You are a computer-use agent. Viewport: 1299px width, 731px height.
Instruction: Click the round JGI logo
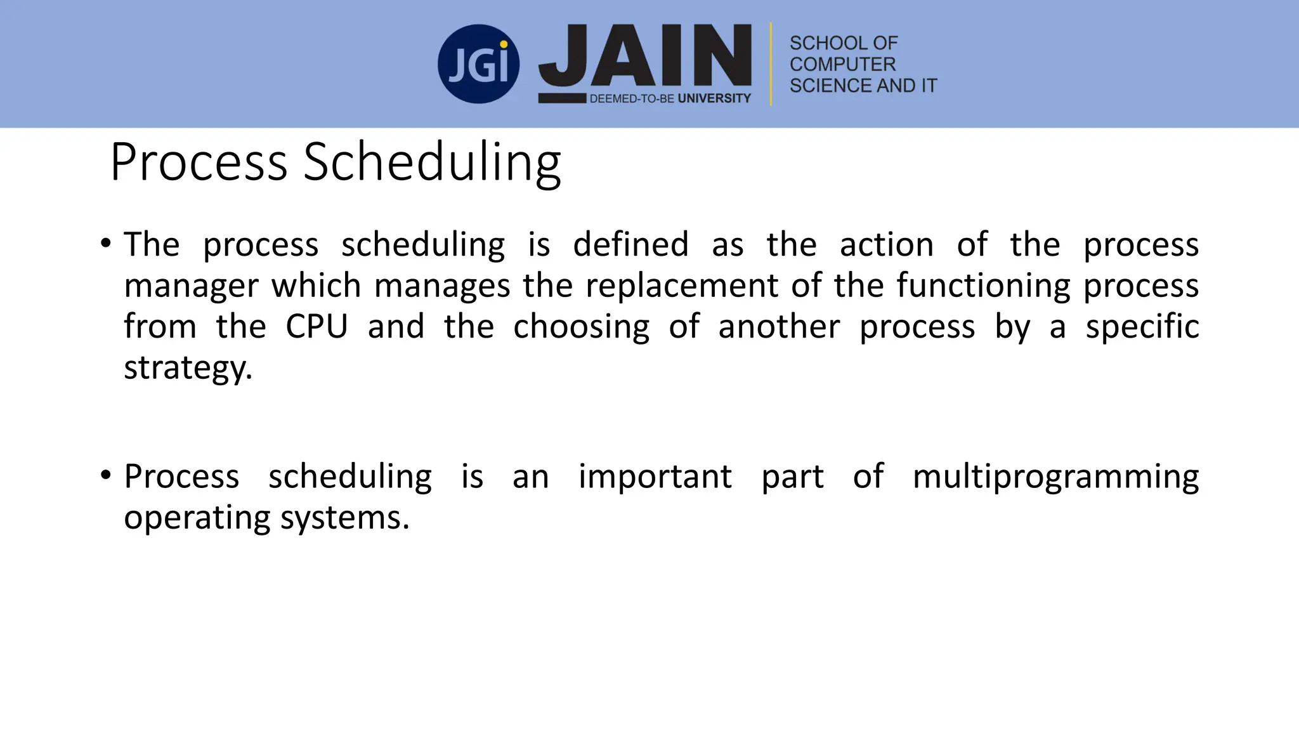point(478,64)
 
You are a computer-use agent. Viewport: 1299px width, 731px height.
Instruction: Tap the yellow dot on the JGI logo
point(504,45)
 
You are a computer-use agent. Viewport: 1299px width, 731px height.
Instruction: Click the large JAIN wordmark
point(645,56)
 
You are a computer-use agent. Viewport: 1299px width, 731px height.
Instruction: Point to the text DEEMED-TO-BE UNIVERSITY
point(670,98)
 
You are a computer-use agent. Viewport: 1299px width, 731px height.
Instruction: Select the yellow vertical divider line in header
point(771,64)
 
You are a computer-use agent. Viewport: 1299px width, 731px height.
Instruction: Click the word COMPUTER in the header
point(842,64)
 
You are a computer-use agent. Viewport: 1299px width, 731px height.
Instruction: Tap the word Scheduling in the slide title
point(432,162)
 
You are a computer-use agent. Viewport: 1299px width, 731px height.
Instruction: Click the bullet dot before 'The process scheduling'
point(106,243)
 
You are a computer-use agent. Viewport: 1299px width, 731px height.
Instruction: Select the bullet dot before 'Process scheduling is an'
point(106,475)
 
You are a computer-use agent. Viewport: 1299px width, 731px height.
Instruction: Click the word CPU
point(317,327)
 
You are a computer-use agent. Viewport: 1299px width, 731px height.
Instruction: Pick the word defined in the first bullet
point(630,244)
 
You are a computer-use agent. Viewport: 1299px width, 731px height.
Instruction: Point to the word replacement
point(681,286)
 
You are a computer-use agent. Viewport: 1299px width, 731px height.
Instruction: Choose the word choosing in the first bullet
point(581,327)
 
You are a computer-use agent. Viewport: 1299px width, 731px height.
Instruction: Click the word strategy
point(188,368)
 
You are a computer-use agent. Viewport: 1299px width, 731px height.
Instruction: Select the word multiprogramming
point(1055,477)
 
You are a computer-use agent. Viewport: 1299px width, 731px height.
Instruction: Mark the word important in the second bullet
point(655,477)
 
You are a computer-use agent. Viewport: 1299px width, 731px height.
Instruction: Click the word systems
point(344,518)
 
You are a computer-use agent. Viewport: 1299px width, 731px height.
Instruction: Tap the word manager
point(191,286)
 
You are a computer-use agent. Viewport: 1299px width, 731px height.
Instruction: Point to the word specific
point(1142,327)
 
